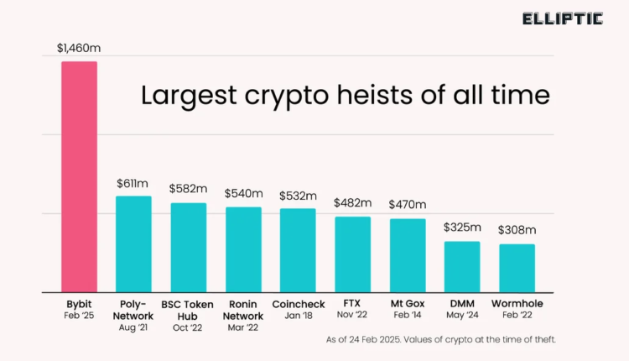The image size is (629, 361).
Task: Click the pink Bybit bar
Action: (79, 176)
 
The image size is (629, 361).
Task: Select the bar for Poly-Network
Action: (133, 244)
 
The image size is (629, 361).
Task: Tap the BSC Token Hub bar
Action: (189, 248)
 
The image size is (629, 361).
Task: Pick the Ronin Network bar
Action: (243, 249)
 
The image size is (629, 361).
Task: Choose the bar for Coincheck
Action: (298, 250)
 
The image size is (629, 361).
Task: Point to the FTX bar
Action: (352, 254)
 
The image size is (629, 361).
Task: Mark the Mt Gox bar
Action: (408, 255)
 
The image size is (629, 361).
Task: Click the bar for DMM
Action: (462, 267)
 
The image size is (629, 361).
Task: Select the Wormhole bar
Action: (517, 269)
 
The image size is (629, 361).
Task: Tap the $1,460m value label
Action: (78, 49)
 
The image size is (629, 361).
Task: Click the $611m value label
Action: (133, 183)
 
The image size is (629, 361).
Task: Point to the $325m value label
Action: (462, 228)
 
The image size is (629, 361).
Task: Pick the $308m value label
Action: (517, 230)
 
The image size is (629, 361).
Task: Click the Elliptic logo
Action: (563, 18)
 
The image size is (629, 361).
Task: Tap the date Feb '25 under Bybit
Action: (79, 315)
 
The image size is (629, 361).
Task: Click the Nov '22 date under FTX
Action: (352, 315)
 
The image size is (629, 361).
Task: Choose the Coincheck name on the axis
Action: (298, 303)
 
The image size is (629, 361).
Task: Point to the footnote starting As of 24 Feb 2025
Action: (440, 339)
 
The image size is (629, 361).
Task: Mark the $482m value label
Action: (352, 203)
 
